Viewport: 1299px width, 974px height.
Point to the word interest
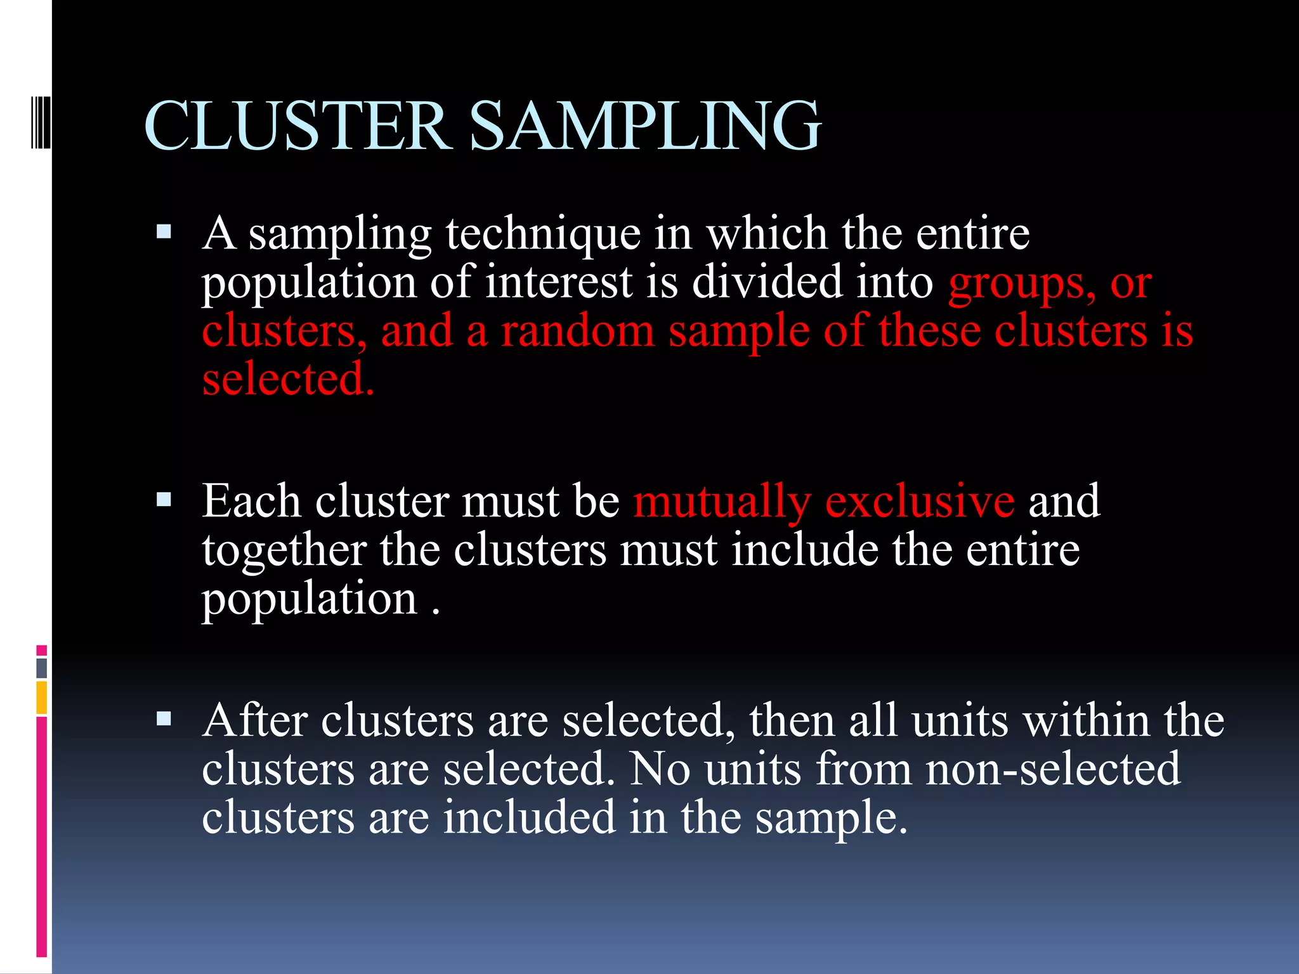(x=559, y=282)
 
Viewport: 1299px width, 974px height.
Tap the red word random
(x=577, y=331)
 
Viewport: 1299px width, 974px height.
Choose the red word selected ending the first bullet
(x=288, y=379)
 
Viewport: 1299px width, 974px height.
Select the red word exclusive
(x=920, y=501)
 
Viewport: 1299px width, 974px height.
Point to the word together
(x=284, y=550)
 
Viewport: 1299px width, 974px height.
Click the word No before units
(x=660, y=769)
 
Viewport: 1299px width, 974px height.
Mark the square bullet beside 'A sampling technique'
(x=164, y=231)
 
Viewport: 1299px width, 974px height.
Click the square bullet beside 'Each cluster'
(x=164, y=500)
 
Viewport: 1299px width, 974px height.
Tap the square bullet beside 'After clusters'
(x=164, y=718)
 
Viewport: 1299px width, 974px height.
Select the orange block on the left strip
(x=42, y=698)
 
